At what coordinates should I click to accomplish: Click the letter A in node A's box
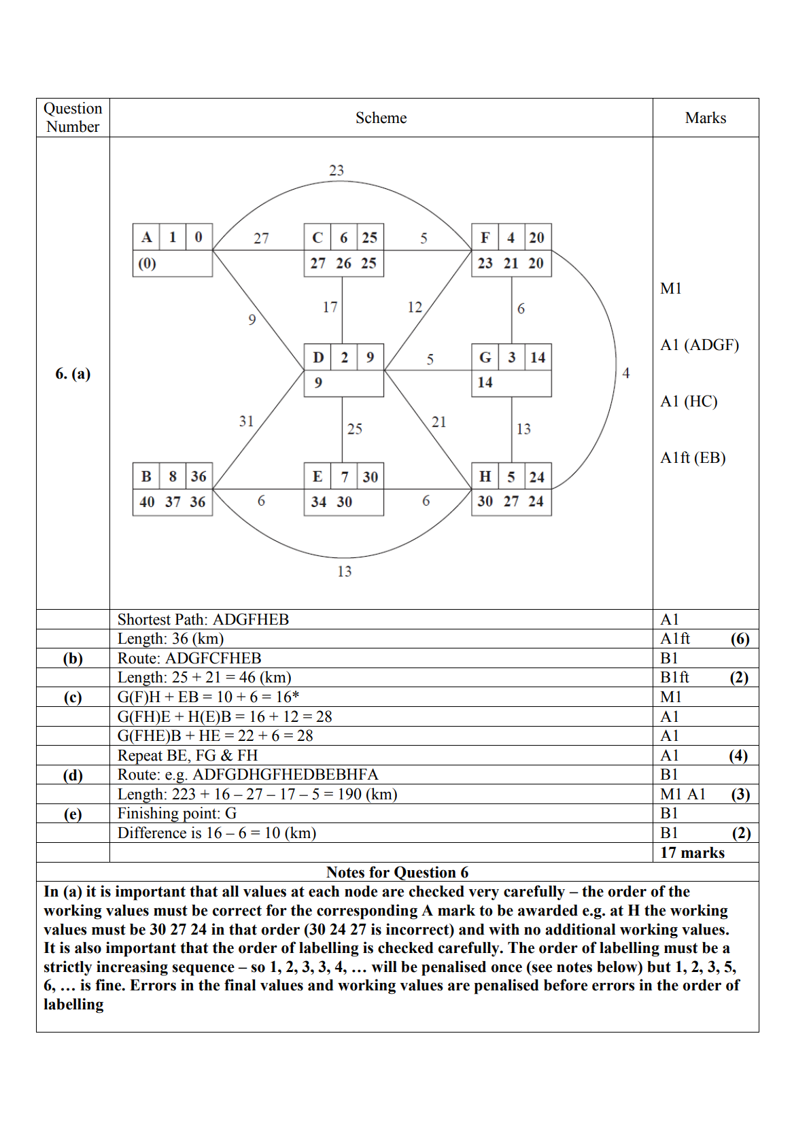coord(146,237)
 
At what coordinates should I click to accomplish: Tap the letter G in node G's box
coord(485,358)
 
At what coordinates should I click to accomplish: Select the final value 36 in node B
coord(198,476)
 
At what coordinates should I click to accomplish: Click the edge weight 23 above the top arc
coord(337,171)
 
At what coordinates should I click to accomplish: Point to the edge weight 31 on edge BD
coord(246,421)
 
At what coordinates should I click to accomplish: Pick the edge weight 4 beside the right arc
coord(626,373)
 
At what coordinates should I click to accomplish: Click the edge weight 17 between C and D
coord(330,307)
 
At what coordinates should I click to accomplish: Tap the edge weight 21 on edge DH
coord(439,422)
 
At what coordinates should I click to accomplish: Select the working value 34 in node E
coord(318,502)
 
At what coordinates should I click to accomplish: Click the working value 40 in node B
coord(147,502)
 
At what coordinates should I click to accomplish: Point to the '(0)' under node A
coord(147,264)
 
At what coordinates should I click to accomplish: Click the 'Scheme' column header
coord(381,118)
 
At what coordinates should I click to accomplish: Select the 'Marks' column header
coord(705,118)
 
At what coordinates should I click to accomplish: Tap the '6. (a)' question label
coord(73,374)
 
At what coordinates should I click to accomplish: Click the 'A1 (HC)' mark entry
coord(689,402)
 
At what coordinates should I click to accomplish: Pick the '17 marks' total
coord(692,853)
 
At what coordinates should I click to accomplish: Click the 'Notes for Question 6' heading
coord(397,872)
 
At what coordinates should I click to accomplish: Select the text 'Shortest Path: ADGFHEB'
coord(203,619)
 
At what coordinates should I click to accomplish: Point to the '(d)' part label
coord(73,775)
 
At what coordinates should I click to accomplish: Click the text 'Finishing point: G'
coord(177,814)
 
